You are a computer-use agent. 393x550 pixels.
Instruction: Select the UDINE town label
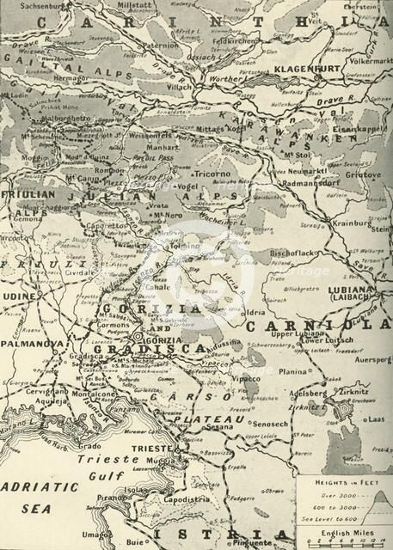pyautogui.click(x=21, y=295)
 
